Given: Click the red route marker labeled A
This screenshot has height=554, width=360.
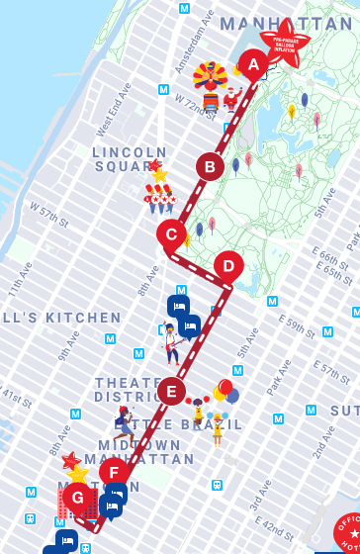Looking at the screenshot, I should [252, 66].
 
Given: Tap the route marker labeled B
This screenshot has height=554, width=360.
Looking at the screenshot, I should [209, 166].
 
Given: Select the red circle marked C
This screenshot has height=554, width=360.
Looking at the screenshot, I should [171, 234].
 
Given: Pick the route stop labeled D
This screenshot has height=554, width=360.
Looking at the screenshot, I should [228, 265].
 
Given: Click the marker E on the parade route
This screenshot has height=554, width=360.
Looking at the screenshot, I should [171, 391].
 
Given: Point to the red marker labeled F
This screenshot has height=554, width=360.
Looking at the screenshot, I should [113, 472].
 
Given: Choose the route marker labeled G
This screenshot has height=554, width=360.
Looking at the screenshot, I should [77, 497].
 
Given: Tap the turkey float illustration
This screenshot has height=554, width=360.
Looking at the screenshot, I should [210, 83].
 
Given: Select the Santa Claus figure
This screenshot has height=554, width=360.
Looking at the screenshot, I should [233, 98].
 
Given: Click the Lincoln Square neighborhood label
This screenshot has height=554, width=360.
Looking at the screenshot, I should [124, 159].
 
